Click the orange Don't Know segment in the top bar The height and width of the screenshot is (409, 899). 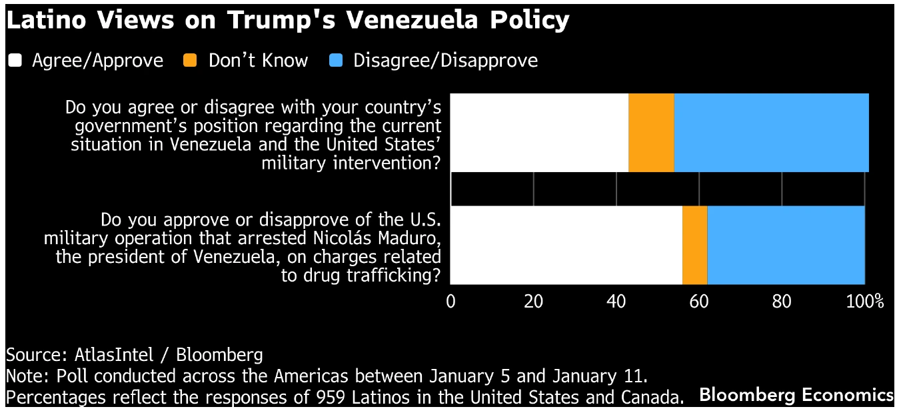651,133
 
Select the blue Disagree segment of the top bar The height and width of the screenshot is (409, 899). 771,133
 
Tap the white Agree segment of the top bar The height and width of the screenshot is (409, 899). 539,133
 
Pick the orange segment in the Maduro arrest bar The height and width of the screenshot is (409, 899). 694,245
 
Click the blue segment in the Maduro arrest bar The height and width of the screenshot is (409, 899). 786,245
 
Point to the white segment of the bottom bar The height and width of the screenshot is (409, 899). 566,245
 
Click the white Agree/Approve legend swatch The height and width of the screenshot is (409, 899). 15,61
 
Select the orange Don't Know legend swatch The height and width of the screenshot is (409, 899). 191,61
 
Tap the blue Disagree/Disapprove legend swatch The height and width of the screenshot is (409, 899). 336,61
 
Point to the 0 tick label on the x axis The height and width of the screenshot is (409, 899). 451,302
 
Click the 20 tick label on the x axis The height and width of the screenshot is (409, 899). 533,302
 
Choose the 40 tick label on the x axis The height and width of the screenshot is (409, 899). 616,302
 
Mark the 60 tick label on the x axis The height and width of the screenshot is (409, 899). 698,302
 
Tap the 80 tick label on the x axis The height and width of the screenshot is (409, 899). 782,302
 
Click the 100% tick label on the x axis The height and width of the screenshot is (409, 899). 865,302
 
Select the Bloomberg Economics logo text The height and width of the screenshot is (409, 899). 796,394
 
